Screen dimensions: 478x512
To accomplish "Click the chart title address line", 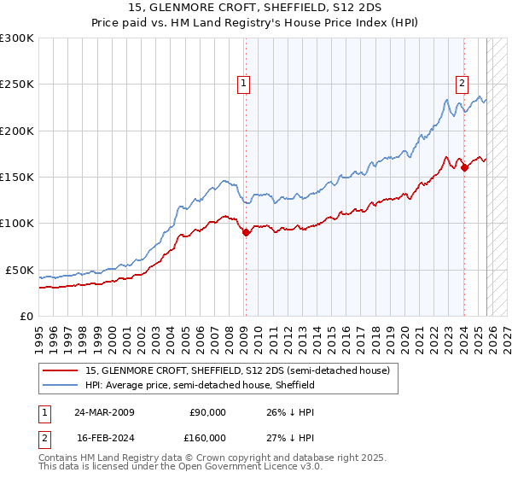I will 255,8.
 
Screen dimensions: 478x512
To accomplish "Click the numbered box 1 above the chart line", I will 244,84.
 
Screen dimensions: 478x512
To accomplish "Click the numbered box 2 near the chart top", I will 462,84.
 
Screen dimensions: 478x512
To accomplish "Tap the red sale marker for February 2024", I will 464,168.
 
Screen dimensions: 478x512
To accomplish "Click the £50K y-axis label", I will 20,270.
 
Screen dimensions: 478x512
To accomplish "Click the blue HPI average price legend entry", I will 201,386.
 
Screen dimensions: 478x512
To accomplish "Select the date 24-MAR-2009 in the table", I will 103,412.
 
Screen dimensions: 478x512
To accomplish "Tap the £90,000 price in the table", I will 207,412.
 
